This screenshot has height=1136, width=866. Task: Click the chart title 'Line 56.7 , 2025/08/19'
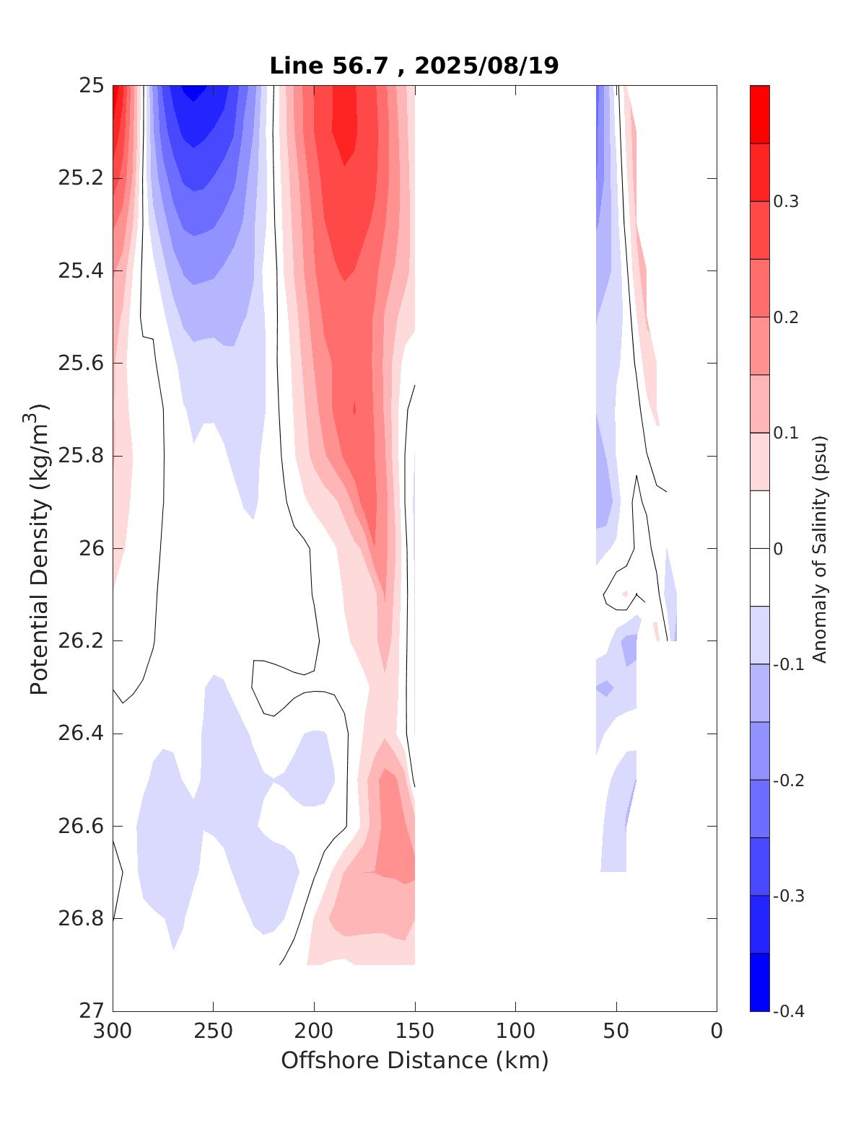click(414, 66)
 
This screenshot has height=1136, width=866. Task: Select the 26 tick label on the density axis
click(89, 549)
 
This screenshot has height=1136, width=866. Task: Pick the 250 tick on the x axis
click(214, 1031)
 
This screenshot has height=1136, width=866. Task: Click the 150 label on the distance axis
click(415, 1031)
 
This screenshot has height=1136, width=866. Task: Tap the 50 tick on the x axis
click(616, 1031)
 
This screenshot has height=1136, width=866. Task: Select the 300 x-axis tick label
click(113, 1031)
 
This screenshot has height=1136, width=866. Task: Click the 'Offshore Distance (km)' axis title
click(414, 1061)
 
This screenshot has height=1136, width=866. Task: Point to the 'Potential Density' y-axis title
click(39, 549)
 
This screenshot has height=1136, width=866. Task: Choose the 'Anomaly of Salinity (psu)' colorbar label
click(819, 549)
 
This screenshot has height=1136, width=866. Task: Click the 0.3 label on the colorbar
click(786, 202)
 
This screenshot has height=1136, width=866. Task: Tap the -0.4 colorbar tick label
click(788, 1011)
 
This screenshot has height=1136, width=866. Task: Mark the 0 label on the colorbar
click(778, 549)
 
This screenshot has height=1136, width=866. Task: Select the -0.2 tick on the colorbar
click(788, 780)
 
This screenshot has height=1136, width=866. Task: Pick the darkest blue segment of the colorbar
click(760, 982)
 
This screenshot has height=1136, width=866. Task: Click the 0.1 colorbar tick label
click(786, 433)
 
